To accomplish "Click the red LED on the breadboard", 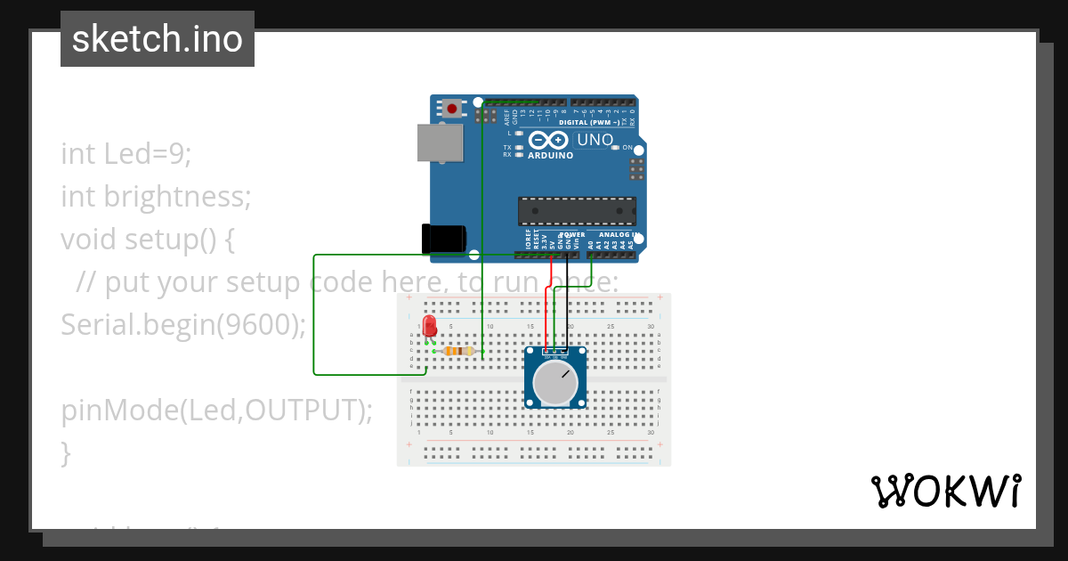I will tap(430, 324).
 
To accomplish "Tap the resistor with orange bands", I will tap(457, 351).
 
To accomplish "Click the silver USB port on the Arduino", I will tap(441, 143).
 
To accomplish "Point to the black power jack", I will tap(443, 239).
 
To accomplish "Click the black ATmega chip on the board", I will tap(577, 211).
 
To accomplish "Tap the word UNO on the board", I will tap(595, 140).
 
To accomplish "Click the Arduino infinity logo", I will tap(547, 140).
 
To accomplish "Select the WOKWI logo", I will tap(945, 491).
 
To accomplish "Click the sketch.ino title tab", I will tap(158, 39).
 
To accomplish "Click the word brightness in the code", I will tap(178, 196).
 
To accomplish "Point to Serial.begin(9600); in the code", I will tap(183, 325).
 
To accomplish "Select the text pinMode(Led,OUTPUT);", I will tap(217, 411).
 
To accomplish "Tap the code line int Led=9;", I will tap(126, 153).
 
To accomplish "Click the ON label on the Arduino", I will tap(627, 148).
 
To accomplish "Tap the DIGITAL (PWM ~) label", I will tap(589, 121).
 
